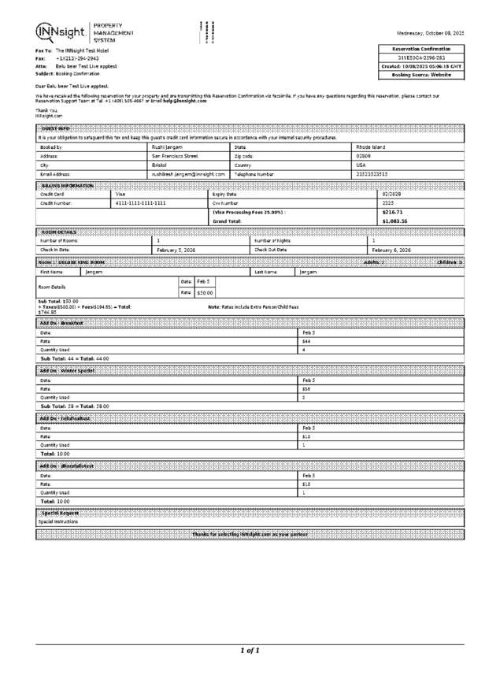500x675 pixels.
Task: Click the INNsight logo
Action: (61, 31)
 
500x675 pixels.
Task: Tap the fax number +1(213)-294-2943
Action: (77, 59)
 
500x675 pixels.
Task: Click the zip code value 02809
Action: (364, 156)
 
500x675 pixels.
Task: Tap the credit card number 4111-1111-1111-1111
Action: (141, 202)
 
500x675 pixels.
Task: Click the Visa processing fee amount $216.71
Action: (391, 212)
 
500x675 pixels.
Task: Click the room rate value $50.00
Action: (205, 292)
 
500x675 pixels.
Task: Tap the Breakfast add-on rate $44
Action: (306, 341)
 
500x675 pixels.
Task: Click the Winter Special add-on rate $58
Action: (306, 388)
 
